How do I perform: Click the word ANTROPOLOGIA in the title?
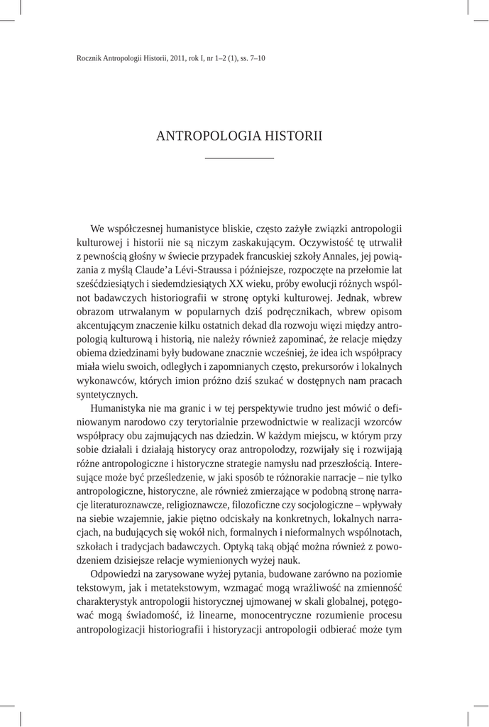(200, 136)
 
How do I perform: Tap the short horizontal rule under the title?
(239, 158)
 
